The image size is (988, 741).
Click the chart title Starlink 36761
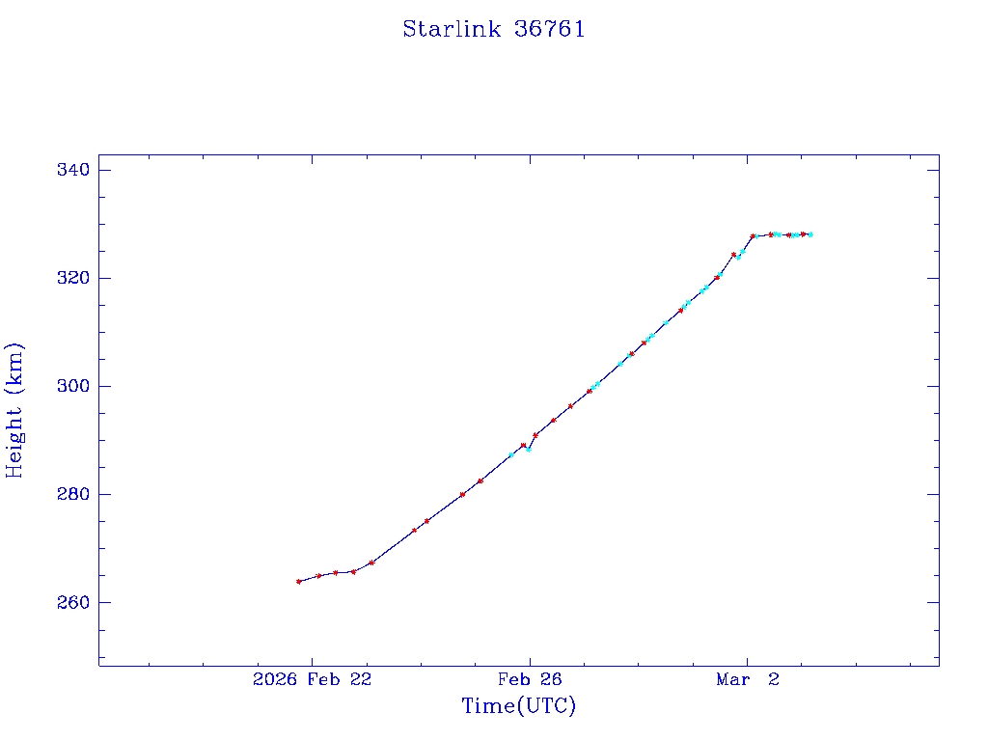click(x=494, y=29)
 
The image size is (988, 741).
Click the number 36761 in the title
click(x=550, y=29)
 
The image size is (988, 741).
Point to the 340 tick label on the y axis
click(x=73, y=171)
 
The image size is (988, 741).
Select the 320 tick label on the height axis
click(x=73, y=279)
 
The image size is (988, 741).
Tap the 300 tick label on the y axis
click(x=73, y=387)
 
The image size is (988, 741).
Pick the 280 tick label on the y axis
click(x=73, y=495)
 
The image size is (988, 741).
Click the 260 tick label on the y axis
click(x=73, y=603)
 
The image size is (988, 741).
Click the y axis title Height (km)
click(x=15, y=410)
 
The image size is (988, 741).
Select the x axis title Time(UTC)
click(x=519, y=706)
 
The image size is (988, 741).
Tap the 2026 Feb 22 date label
click(x=312, y=680)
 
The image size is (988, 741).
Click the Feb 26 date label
click(x=530, y=680)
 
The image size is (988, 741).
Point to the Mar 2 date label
click(x=747, y=680)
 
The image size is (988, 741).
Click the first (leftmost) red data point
click(x=298, y=581)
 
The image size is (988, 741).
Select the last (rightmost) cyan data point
click(x=810, y=234)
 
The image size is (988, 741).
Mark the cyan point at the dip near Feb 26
click(x=528, y=450)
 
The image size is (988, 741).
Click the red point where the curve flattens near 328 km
click(x=753, y=235)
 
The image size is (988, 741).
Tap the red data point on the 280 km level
click(x=462, y=494)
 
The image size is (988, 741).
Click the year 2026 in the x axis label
click(x=275, y=680)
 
